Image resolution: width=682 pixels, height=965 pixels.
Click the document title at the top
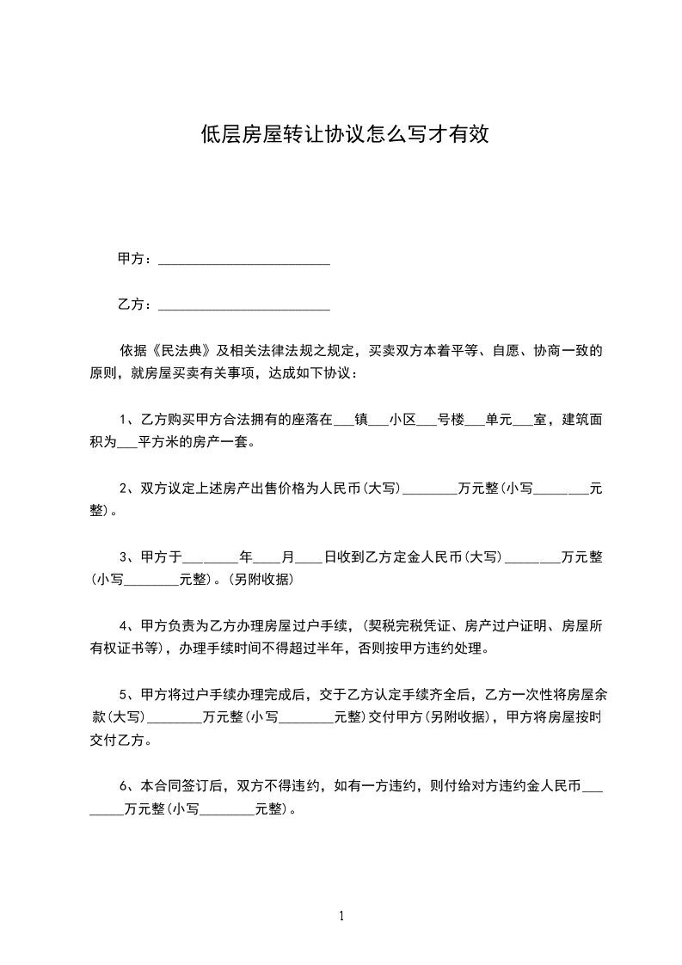coord(344,134)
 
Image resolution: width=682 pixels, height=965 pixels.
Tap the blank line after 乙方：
coord(245,304)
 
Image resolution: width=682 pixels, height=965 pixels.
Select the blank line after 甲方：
coord(245,258)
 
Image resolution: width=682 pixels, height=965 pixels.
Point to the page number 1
coord(341,916)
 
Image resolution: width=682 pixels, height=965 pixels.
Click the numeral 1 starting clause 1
coord(123,420)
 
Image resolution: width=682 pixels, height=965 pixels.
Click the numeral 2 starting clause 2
coord(123,489)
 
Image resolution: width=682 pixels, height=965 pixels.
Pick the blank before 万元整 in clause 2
coord(430,489)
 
